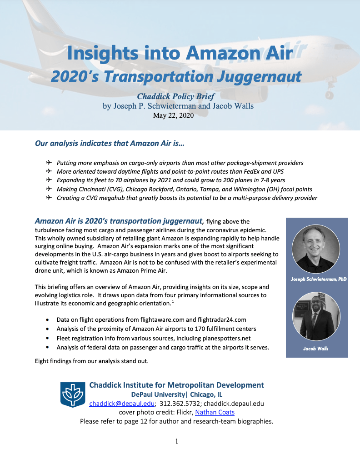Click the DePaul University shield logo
pyautogui.click(x=73, y=394)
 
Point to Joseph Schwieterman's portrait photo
pyautogui.click(x=316, y=249)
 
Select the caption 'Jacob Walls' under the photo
pyautogui.click(x=316, y=349)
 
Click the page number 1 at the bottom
pyautogui.click(x=177, y=441)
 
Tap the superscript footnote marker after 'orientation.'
pyautogui.click(x=172, y=302)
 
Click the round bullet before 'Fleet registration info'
pyautogui.click(x=48, y=339)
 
